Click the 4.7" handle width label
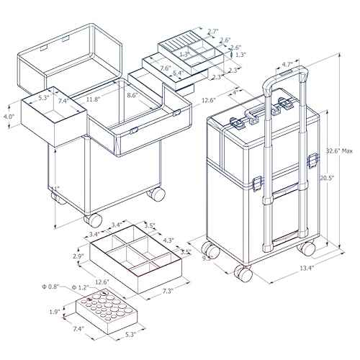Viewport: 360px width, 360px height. coord(285,63)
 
